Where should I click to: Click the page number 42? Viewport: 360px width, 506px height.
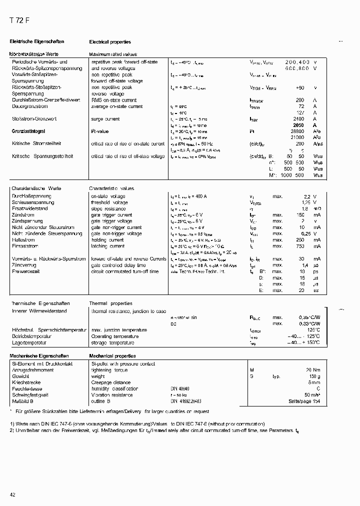13,494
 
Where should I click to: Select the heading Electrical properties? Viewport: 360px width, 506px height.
110,42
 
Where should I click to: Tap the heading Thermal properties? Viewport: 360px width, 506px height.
110,303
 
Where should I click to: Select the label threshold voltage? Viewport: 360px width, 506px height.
109,202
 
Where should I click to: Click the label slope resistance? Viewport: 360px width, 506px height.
109,208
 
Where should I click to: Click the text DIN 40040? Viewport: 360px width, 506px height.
180,388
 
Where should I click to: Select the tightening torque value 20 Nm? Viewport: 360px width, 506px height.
312,369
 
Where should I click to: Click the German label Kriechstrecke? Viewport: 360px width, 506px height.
26,382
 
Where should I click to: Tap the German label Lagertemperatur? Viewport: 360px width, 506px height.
29,343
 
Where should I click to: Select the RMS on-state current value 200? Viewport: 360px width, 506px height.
300,100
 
